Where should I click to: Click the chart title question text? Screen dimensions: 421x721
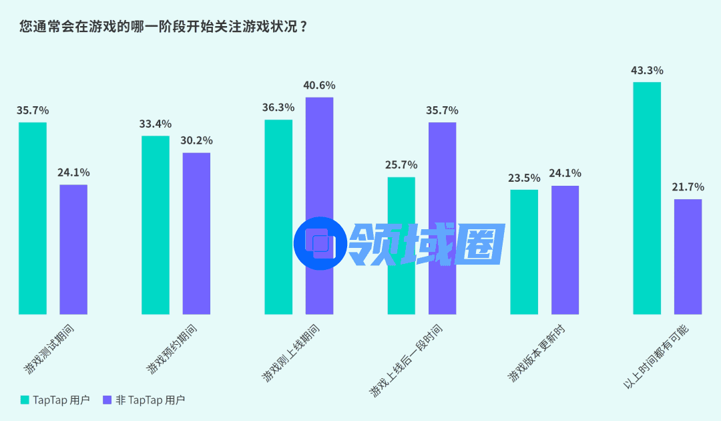pos(164,27)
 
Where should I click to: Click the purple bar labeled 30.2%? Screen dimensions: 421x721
pos(196,233)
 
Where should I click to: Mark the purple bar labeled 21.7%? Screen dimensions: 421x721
pos(688,257)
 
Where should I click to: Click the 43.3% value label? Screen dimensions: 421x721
pos(647,70)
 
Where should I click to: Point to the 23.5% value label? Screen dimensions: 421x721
pos(524,178)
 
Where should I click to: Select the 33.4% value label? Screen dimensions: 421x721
pos(156,124)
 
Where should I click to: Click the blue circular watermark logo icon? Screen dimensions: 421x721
pos(320,243)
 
